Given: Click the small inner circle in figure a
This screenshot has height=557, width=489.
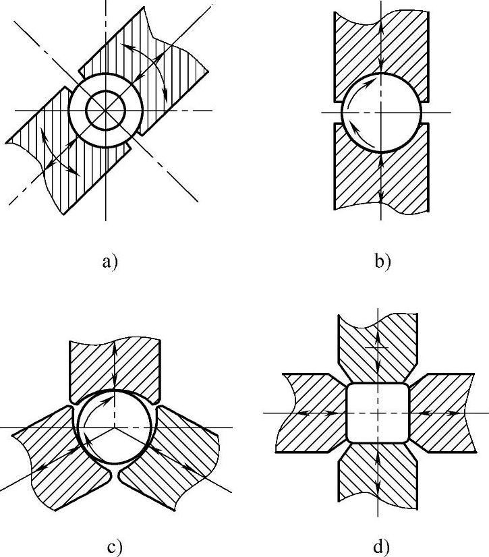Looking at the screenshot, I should click(x=106, y=109).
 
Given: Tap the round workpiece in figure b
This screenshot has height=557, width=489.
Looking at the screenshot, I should click(x=381, y=111).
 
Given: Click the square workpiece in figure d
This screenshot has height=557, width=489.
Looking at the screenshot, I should click(x=378, y=412).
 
